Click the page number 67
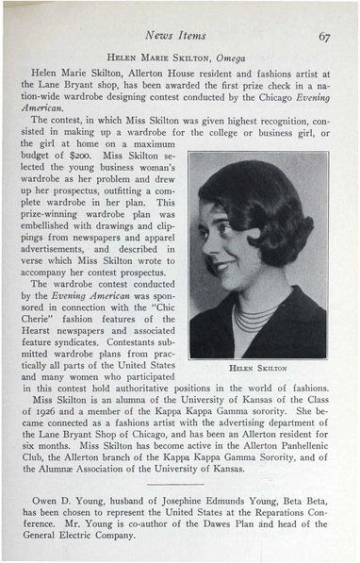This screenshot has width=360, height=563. pos(323,35)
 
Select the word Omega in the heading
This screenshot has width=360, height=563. pos(234,57)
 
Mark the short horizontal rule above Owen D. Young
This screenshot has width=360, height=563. pos(179,487)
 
